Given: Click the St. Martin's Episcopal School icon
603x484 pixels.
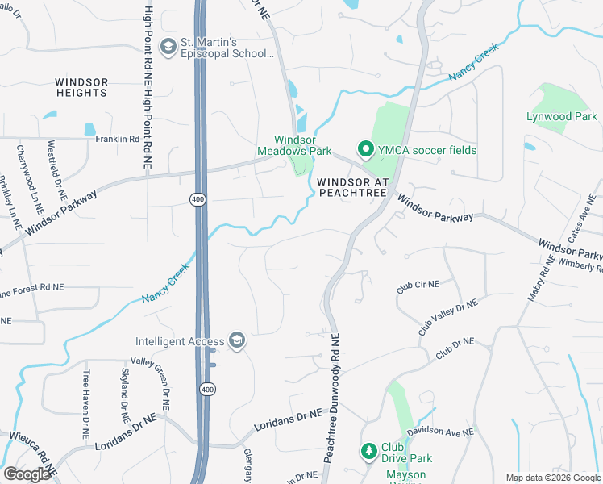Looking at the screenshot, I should point(168,46).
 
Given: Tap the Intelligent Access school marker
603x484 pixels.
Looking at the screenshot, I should point(237,341).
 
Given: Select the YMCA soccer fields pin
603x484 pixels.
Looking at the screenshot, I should point(365,150).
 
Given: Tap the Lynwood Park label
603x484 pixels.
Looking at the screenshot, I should point(562,117).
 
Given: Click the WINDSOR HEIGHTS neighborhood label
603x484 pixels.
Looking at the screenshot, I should point(81,87).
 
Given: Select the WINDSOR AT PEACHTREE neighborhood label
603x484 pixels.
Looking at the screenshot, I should point(353,187).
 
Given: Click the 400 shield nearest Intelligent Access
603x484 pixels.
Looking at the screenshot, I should point(207,390).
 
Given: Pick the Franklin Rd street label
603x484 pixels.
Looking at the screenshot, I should point(118,139).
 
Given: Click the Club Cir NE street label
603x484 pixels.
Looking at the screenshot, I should point(418,286).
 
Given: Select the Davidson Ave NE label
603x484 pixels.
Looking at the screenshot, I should point(440,433).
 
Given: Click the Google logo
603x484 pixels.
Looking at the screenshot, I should point(27,474).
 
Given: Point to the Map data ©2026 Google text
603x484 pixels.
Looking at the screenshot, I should point(552,478).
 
